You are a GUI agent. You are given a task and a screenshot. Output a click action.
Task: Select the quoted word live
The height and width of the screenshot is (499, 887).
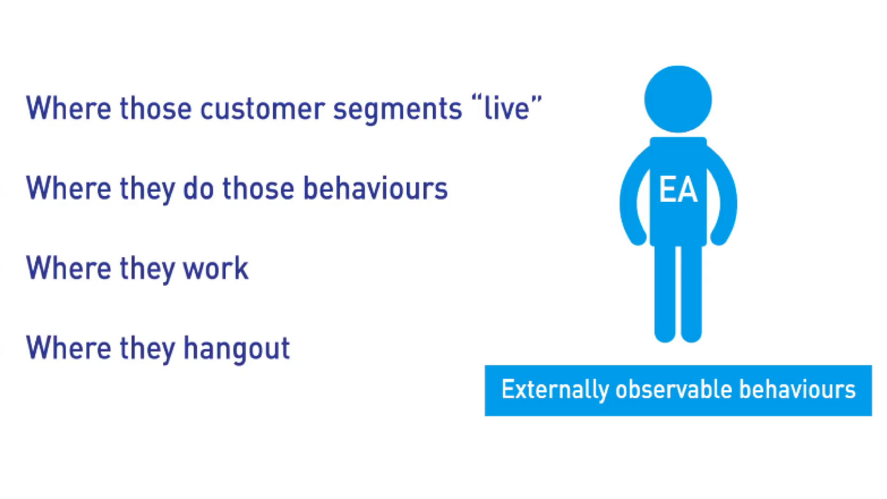click(507, 107)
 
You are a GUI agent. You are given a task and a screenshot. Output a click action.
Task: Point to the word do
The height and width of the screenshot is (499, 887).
click(198, 188)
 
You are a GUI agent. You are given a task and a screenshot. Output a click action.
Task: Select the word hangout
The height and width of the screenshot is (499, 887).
click(237, 349)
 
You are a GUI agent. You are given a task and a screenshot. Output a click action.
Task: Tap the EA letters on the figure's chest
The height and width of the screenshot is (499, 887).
click(678, 190)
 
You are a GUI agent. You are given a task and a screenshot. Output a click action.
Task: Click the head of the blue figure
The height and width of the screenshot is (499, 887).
click(678, 99)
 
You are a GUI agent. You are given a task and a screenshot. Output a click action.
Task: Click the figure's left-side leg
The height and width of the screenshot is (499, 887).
click(665, 293)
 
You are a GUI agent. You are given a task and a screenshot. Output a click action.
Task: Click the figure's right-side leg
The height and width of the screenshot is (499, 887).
click(692, 293)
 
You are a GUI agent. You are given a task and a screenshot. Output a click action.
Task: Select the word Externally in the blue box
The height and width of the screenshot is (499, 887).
click(555, 390)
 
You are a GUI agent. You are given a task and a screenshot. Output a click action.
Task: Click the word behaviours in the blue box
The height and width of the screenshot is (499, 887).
click(797, 389)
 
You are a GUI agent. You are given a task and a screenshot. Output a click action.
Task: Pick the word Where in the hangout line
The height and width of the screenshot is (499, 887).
click(69, 348)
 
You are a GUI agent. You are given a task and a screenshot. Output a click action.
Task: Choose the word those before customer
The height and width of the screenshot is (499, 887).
click(155, 108)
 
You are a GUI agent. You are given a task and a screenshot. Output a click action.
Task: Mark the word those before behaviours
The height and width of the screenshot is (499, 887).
click(258, 188)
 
